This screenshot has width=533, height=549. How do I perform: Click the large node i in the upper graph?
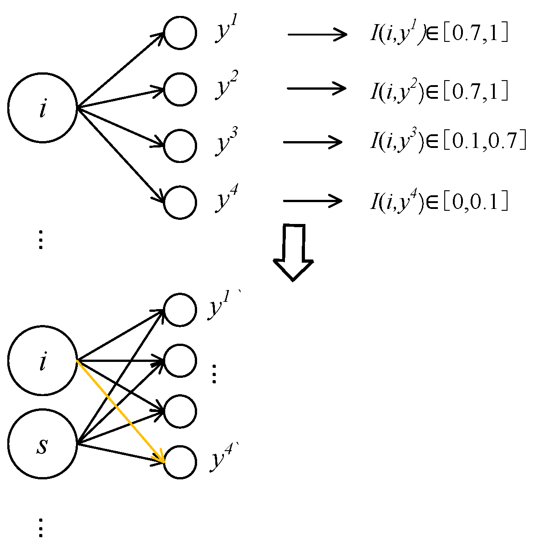pyautogui.click(x=43, y=108)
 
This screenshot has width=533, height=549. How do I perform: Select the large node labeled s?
pyautogui.click(x=43, y=444)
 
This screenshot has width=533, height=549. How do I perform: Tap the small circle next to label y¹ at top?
pyautogui.click(x=180, y=33)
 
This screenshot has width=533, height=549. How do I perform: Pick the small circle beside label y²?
pyautogui.click(x=180, y=89)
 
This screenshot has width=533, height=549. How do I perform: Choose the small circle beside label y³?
pyautogui.click(x=180, y=146)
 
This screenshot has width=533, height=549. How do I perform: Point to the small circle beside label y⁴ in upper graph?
pyautogui.click(x=180, y=202)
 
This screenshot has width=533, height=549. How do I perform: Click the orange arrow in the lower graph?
pyautogui.click(x=121, y=411)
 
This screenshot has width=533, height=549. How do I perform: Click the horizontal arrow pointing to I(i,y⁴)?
pyautogui.click(x=312, y=200)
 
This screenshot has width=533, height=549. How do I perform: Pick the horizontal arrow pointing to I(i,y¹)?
pyautogui.click(x=317, y=34)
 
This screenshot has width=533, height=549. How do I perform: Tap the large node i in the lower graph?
pyautogui.click(x=43, y=361)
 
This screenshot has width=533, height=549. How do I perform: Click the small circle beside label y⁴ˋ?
pyautogui.click(x=180, y=463)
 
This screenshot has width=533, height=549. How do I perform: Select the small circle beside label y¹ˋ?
pyautogui.click(x=180, y=310)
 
